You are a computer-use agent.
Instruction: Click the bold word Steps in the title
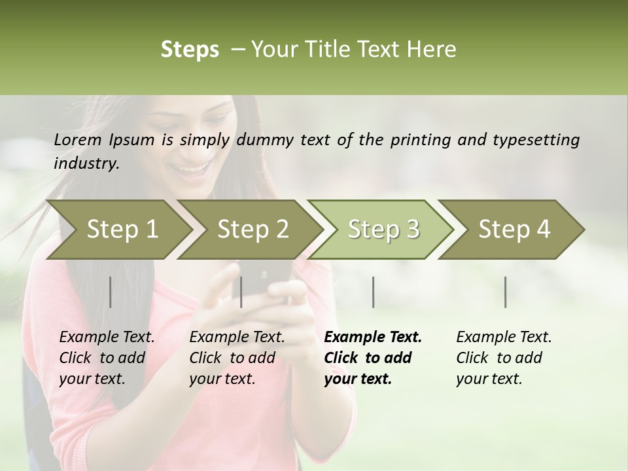point(190,50)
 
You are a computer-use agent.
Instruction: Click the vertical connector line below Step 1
point(110,292)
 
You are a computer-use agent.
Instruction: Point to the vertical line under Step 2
point(241,292)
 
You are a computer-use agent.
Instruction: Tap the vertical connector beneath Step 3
point(373,292)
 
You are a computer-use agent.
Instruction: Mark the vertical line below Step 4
point(506,292)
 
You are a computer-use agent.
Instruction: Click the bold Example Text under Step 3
point(373,358)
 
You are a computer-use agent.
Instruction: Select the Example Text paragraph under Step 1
point(107,358)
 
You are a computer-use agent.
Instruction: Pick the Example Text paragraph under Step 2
point(237,358)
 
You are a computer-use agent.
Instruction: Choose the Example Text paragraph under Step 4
point(504,358)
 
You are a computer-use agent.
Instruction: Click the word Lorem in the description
point(78,140)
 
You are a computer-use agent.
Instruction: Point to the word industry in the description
point(86,164)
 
